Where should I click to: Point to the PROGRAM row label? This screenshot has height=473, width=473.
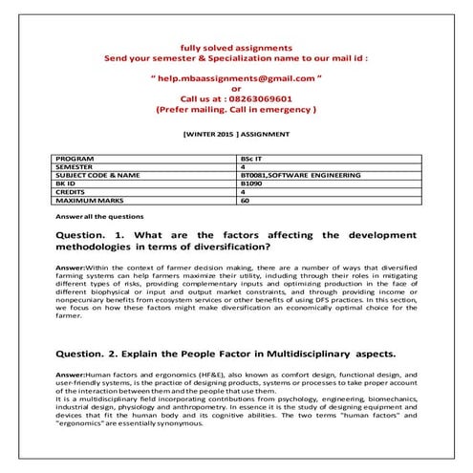77,157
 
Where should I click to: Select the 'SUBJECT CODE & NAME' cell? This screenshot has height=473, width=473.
98,176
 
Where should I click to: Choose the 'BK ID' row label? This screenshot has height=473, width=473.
70,184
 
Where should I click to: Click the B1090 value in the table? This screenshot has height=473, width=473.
253,184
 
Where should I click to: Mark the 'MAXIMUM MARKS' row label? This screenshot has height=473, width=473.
88,202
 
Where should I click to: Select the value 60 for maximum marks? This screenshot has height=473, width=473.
247,202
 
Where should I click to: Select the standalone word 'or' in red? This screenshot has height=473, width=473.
236,87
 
